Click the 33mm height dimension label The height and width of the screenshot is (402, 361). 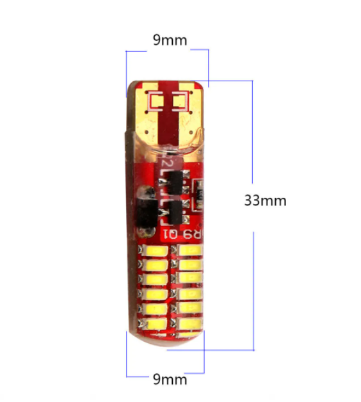[265, 200]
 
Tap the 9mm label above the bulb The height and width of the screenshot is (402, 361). [170, 40]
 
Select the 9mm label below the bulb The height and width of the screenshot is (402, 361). [170, 378]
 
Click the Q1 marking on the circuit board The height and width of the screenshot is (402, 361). [171, 234]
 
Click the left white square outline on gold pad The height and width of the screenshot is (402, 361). [157, 101]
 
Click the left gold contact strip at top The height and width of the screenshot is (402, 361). [150, 115]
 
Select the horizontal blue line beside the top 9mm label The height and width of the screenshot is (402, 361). [200, 49]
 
